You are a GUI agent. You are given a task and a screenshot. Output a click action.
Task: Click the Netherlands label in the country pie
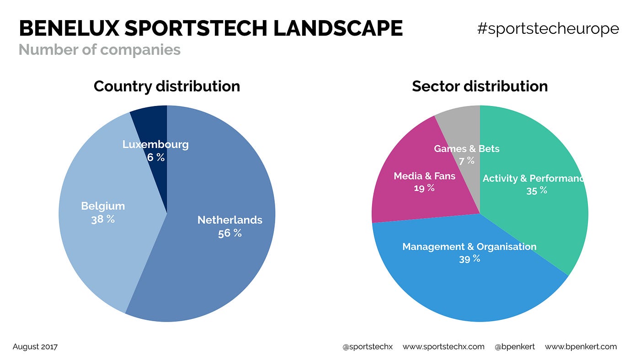229,220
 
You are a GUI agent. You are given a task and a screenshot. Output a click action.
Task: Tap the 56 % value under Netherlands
229,233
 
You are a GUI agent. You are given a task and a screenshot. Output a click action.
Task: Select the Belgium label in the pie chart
103,206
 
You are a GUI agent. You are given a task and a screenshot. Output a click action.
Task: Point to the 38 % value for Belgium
103,219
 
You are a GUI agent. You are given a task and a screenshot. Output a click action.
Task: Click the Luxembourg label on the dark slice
155,145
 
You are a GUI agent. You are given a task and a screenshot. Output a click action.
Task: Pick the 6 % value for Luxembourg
155,158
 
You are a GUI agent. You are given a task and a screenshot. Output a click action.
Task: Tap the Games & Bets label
466,149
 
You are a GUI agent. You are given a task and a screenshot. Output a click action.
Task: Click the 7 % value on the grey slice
466,161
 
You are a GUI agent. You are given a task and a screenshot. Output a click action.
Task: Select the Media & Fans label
424,176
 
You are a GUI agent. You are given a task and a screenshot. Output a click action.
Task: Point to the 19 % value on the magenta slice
424,188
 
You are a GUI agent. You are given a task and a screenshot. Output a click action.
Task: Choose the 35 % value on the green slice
536,191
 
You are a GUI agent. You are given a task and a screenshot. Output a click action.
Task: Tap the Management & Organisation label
469,247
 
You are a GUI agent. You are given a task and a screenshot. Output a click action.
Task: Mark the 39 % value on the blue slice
469,259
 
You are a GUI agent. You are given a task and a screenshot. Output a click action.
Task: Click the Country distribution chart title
166,86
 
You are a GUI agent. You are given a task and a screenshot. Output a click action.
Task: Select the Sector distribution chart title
480,86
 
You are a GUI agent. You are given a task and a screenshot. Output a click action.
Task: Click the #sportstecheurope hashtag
548,29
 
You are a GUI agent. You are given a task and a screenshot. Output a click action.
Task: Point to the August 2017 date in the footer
35,347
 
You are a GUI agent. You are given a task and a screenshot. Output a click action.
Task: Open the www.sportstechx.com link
443,347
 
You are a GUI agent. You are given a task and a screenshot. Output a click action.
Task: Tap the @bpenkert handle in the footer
514,347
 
